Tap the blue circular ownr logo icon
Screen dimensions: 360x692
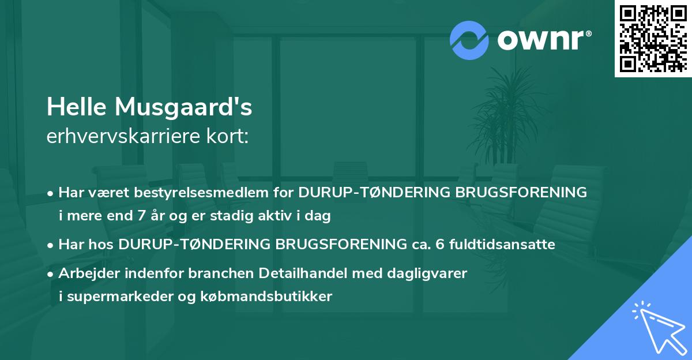(470, 40)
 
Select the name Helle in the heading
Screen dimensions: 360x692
(77, 106)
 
